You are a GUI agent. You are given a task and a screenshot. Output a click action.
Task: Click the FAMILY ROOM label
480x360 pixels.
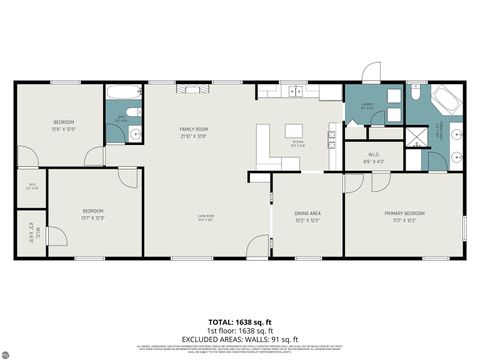coord(193,129)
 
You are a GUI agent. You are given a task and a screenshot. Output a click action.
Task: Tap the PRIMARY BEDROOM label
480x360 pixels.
coord(404,213)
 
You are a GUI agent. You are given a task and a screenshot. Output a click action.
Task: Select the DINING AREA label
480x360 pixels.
coord(307,213)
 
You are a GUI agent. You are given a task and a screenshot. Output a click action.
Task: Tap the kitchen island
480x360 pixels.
coord(293,131)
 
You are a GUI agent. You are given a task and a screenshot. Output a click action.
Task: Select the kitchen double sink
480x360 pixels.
coord(294,92)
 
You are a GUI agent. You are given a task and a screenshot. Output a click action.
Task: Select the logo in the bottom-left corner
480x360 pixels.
coord(14,349)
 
